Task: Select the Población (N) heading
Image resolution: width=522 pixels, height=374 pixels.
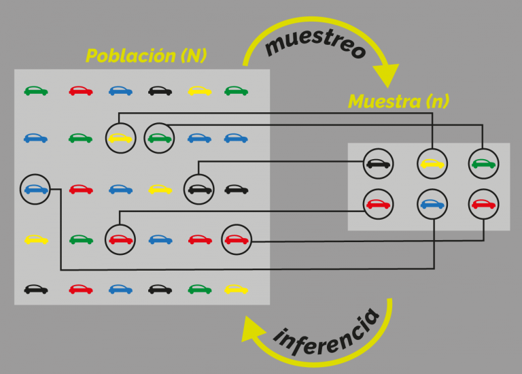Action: click(x=146, y=56)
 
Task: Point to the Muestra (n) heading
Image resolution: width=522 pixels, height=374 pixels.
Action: click(x=398, y=101)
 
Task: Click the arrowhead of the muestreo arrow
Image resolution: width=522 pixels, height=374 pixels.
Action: click(x=387, y=75)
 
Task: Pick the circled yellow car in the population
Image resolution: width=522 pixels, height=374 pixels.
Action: click(x=120, y=138)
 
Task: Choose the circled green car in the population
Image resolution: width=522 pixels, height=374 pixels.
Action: click(x=159, y=138)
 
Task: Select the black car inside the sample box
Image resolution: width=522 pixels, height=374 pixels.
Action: click(x=378, y=163)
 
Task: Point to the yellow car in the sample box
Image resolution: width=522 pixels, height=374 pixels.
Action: click(x=432, y=163)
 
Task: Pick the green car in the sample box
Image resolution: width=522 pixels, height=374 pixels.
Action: click(x=484, y=163)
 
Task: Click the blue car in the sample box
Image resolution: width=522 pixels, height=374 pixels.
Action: click(x=432, y=204)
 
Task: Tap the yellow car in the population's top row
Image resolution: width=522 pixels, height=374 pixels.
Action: click(x=200, y=91)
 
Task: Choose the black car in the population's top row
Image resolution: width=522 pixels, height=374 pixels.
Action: click(x=160, y=91)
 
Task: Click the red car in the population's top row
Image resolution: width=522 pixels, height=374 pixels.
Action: click(x=81, y=91)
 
